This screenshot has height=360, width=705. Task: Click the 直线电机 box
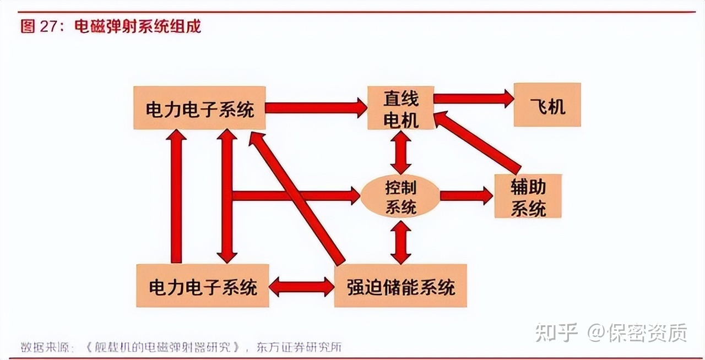400,108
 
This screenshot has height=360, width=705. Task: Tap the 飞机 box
547,105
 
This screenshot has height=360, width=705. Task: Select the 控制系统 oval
400,196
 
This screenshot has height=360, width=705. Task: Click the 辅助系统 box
528,196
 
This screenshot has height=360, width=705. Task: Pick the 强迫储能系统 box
400,286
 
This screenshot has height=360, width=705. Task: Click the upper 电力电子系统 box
199,108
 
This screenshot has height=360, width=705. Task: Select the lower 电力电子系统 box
203,286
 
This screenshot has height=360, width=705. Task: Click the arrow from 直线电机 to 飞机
474,99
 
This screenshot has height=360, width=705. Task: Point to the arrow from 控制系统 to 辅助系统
466,195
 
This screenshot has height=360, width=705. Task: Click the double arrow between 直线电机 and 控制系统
400,152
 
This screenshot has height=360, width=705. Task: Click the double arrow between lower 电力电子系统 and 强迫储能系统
301,286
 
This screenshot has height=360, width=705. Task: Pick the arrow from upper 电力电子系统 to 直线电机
316,108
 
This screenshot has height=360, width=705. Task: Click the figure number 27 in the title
51,26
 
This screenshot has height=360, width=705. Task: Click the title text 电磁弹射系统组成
137,26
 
